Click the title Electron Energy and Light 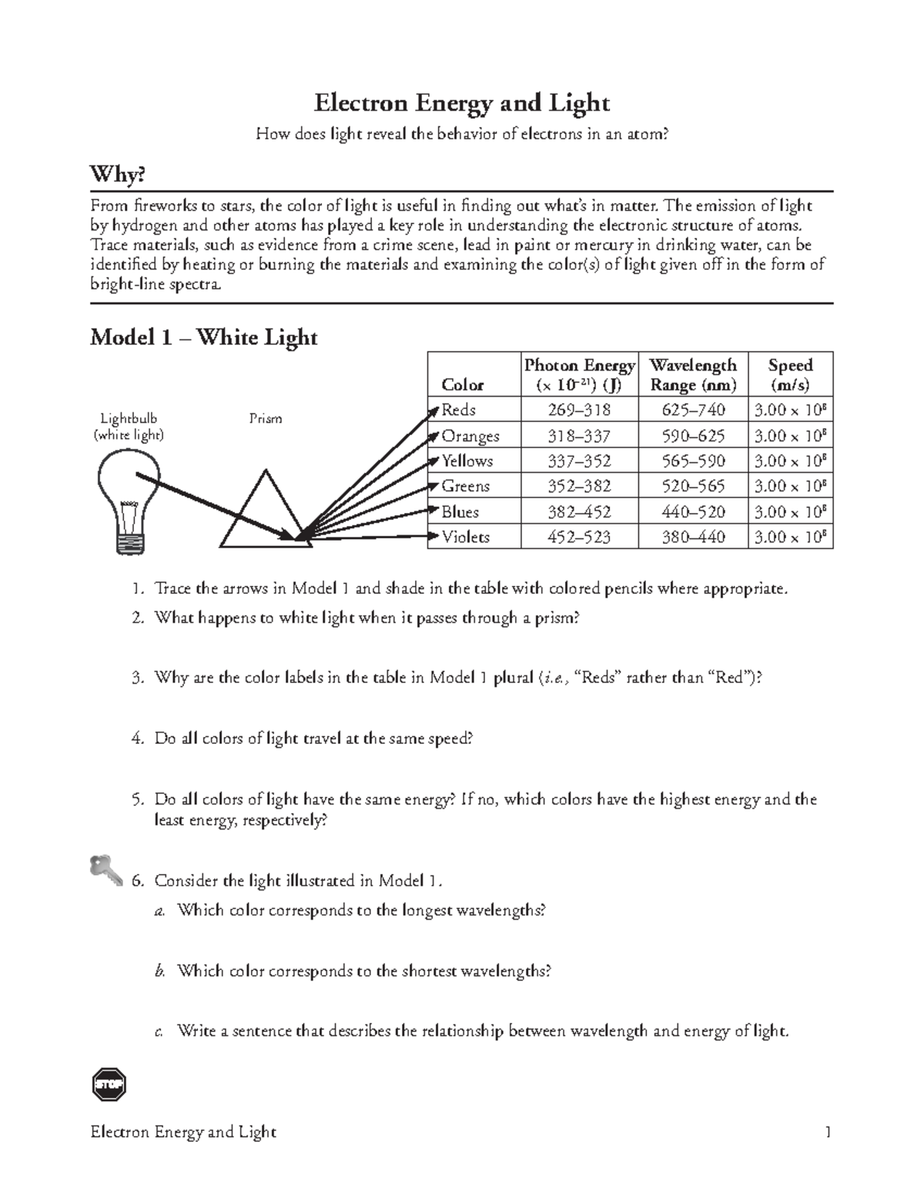tap(461, 103)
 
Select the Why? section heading tap(117, 176)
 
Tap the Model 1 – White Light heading tap(203, 337)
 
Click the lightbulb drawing tap(129, 501)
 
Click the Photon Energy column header tap(579, 374)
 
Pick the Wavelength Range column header tap(693, 374)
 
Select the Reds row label tap(458, 410)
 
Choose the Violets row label tap(465, 537)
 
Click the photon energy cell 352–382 tap(579, 486)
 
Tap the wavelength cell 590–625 tap(693, 436)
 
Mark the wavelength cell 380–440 tap(693, 537)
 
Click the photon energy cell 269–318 tap(579, 410)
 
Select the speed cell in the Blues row tap(790, 512)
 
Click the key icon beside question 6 tap(105, 869)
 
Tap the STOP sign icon tap(108, 1084)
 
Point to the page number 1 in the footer tap(828, 1132)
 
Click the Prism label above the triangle tap(265, 419)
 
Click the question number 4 tap(137, 739)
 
